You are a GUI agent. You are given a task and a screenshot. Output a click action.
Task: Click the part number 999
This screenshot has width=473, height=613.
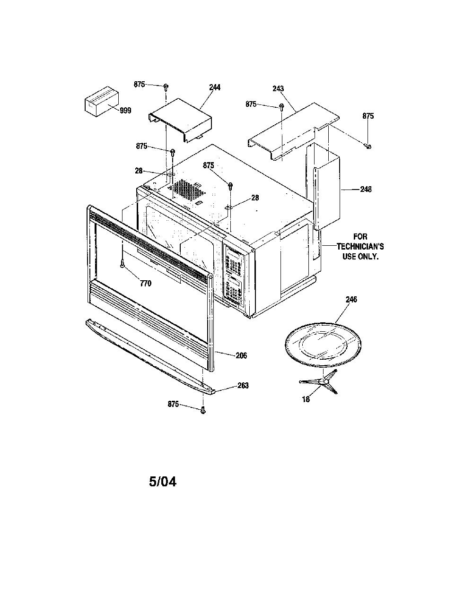point(125,110)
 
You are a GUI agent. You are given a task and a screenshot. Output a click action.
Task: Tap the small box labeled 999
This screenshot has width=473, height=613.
point(102,101)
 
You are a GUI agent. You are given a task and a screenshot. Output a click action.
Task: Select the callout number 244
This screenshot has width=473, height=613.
point(214,87)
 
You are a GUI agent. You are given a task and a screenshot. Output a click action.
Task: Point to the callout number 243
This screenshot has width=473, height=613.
point(278,88)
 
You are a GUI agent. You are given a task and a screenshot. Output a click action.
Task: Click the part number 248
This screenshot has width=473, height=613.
point(366,190)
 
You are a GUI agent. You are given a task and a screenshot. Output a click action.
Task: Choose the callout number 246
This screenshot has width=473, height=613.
point(351,299)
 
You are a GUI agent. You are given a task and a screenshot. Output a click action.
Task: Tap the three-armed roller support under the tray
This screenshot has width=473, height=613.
point(319,381)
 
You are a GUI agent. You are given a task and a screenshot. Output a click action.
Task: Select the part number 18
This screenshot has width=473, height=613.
point(306,399)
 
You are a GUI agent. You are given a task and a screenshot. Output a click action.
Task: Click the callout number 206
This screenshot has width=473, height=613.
point(241,356)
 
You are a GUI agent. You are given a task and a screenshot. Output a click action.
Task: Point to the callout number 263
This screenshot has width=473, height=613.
point(243,385)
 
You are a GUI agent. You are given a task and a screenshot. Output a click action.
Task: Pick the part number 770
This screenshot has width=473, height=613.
point(146,284)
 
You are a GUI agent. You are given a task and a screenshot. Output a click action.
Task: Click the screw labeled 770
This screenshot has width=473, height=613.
point(122,263)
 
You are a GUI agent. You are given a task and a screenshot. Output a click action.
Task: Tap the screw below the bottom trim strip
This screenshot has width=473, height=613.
point(203,410)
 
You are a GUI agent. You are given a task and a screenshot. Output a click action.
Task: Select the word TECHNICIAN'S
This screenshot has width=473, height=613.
point(360,247)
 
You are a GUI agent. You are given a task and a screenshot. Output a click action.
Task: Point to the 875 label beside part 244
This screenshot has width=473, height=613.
point(139,84)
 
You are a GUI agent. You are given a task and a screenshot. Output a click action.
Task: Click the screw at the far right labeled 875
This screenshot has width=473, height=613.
point(368,146)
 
